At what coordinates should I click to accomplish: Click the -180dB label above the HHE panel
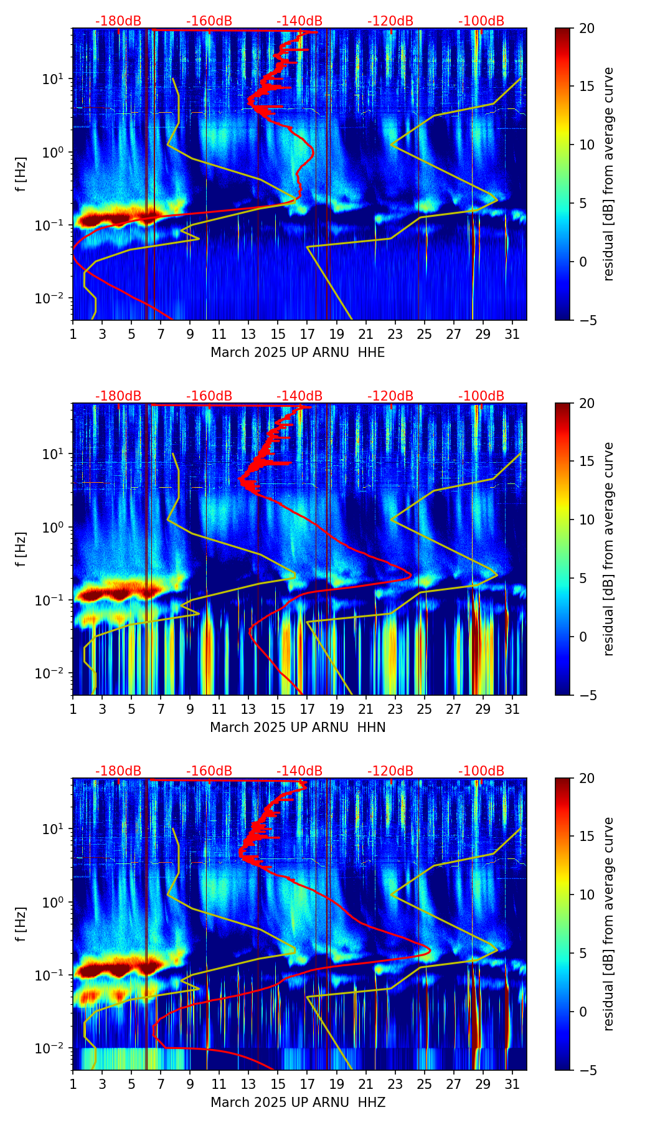tap(118, 21)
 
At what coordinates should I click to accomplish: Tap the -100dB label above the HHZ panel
tap(481, 771)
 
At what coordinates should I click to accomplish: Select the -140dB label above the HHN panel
tap(299, 396)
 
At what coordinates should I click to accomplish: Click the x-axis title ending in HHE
tap(298, 353)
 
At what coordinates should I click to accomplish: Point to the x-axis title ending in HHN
tap(298, 728)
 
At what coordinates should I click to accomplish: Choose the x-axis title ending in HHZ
tap(298, 1103)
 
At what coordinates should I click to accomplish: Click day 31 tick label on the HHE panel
tap(512, 335)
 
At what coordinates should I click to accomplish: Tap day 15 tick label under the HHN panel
tap(278, 710)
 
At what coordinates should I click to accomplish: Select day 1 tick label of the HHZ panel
tap(73, 1085)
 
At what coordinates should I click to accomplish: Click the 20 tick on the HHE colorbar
tap(587, 28)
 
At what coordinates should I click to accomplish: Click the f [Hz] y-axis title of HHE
tap(21, 174)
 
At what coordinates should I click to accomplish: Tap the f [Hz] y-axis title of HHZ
tap(21, 924)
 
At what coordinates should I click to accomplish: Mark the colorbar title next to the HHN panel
tap(608, 549)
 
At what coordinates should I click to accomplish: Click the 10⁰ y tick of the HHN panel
tap(57, 527)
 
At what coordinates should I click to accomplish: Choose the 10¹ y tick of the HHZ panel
tap(57, 828)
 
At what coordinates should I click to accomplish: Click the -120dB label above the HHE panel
tap(390, 21)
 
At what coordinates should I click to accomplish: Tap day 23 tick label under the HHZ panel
tap(395, 1085)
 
